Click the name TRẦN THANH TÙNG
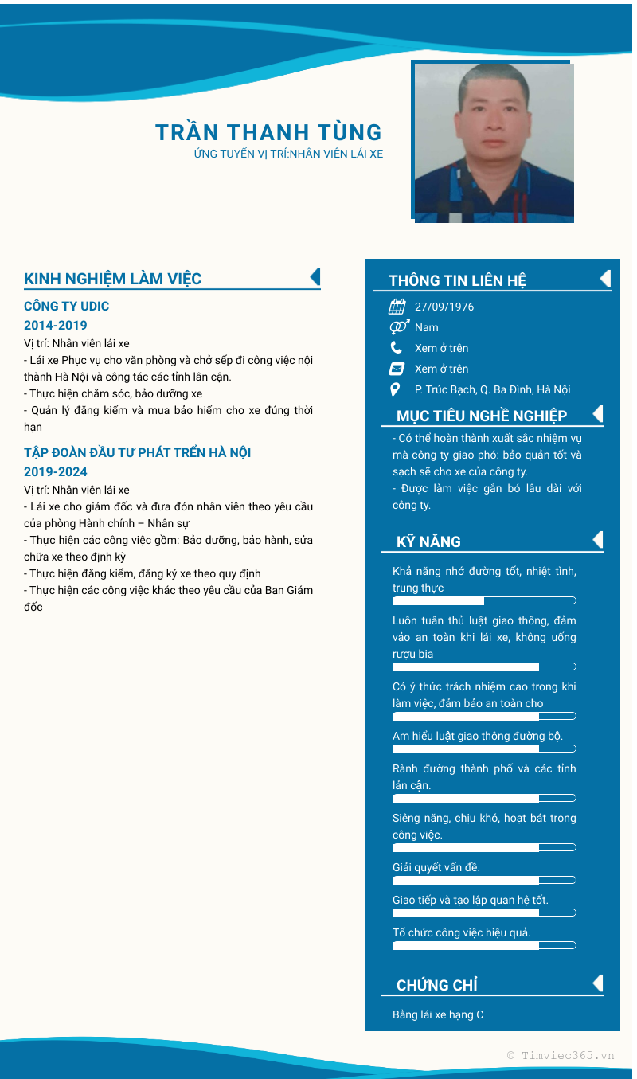click(x=268, y=132)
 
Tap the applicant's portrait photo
click(x=494, y=143)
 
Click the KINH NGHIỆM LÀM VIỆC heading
click(x=113, y=279)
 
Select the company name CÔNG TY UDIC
click(x=67, y=307)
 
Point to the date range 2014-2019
click(x=56, y=326)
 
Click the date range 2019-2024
click(x=56, y=472)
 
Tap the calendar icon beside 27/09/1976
click(x=397, y=307)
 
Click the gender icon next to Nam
click(x=399, y=327)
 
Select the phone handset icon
click(x=397, y=348)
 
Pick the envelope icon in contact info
click(x=397, y=369)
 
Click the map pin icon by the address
click(x=396, y=389)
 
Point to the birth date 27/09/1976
click(x=444, y=307)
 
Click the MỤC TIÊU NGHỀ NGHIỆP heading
click(x=482, y=416)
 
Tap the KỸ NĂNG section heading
click(x=428, y=541)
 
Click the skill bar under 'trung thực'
click(x=484, y=600)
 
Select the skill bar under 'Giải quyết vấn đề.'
click(x=484, y=880)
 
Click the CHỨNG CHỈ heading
click(x=437, y=985)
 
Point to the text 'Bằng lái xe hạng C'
click(x=438, y=1014)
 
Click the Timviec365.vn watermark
click(x=561, y=1055)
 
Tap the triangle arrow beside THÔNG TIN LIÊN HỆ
click(x=605, y=278)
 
